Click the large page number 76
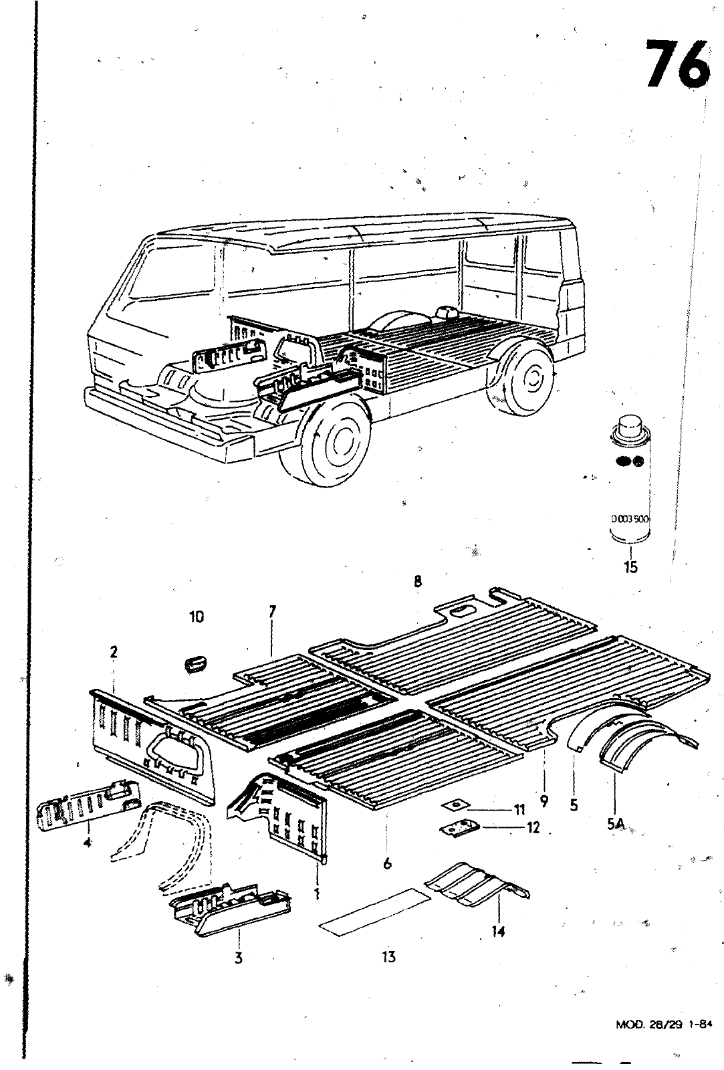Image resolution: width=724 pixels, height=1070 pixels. click(677, 64)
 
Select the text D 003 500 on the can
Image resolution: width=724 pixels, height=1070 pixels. click(630, 518)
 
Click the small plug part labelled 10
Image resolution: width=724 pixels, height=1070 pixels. click(195, 663)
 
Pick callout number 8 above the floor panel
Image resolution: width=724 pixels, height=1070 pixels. click(418, 581)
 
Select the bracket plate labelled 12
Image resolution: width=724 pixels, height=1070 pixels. click(459, 827)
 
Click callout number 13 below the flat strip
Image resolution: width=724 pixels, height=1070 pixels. click(388, 956)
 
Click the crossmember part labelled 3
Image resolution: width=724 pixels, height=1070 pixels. click(231, 903)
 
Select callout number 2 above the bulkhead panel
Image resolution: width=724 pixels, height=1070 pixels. click(114, 653)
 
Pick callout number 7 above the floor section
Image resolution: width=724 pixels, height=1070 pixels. click(272, 612)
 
